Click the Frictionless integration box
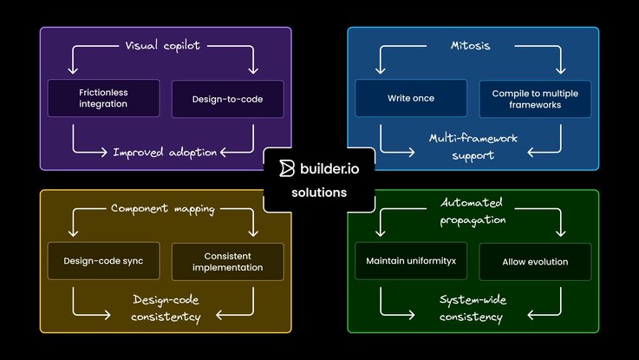click(103, 98)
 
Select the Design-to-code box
click(227, 98)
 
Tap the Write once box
click(411, 98)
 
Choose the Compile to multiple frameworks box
click(535, 98)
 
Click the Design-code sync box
click(103, 261)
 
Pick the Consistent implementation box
click(227, 261)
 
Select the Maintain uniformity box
click(411, 261)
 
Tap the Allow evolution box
click(535, 261)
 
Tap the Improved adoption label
click(165, 152)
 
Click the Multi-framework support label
click(472, 146)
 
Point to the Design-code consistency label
click(166, 308)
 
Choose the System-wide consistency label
click(472, 308)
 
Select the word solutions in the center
click(319, 192)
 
